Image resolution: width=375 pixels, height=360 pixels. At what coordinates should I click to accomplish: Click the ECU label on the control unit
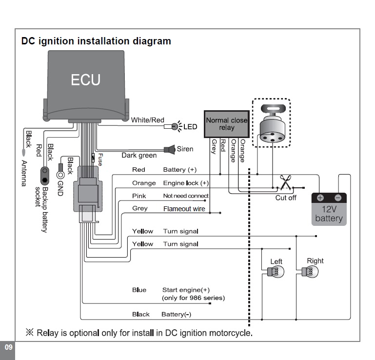(86, 80)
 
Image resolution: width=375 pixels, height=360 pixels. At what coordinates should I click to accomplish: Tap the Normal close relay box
(226, 124)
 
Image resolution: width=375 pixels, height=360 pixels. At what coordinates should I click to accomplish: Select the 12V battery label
(329, 213)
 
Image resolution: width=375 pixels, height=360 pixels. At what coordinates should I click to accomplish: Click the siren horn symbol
(170, 149)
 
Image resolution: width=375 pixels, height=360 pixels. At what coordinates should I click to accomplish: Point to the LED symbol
(175, 127)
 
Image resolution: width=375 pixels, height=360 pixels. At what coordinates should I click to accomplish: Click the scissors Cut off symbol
(285, 184)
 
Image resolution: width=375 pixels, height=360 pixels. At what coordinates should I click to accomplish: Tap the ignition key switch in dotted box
(271, 124)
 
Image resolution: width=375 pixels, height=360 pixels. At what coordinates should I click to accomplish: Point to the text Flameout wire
(184, 209)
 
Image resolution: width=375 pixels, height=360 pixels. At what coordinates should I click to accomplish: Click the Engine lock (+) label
(185, 183)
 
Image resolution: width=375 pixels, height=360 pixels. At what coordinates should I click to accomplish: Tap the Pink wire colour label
(139, 196)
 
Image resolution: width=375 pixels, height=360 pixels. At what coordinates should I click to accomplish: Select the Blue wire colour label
(139, 290)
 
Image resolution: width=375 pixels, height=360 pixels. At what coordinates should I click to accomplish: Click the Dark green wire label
(139, 156)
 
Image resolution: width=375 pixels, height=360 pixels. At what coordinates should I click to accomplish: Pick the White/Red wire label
(147, 120)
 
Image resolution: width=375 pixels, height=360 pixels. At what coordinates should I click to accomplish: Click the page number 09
(7, 347)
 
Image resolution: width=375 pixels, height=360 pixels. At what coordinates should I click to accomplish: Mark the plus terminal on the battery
(320, 198)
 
